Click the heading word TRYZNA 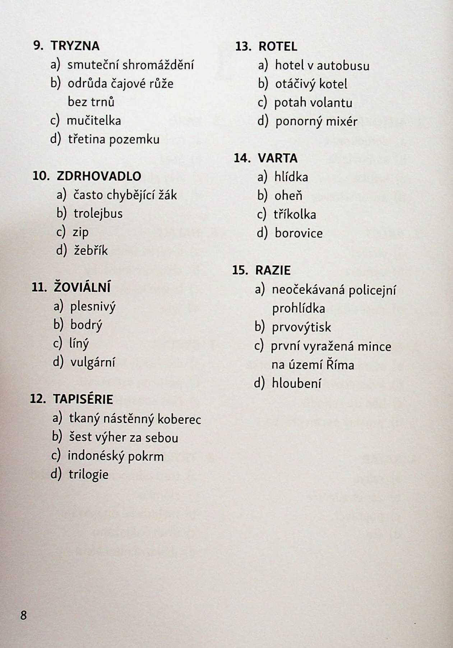point(75,46)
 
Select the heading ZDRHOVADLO point(99,176)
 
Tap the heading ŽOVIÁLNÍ point(82,287)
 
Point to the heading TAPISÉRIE point(83,399)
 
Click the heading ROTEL point(278,47)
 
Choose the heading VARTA point(277,158)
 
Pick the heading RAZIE point(273,270)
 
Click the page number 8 point(23,615)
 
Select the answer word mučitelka point(94,121)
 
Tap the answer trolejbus point(98,213)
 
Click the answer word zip point(80,233)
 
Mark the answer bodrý point(86,325)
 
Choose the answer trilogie point(88,475)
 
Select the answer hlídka point(291,177)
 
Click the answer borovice point(299,233)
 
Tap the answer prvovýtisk point(301,327)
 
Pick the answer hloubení point(296,384)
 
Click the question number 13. point(243,47)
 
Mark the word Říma point(340,365)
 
